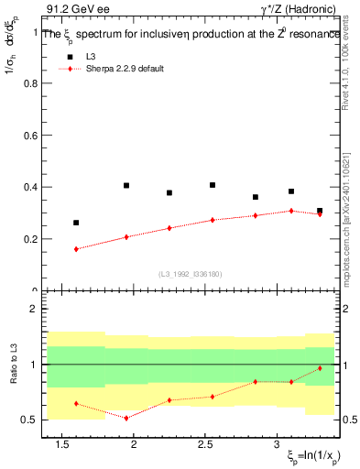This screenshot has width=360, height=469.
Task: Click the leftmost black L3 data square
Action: tap(76, 223)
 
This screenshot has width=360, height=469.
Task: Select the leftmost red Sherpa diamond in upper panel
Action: tap(76, 249)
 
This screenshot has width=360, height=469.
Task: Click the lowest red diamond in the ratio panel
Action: tap(126, 418)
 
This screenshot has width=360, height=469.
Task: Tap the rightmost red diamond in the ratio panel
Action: tap(320, 368)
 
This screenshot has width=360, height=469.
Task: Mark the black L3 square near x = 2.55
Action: tap(213, 185)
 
